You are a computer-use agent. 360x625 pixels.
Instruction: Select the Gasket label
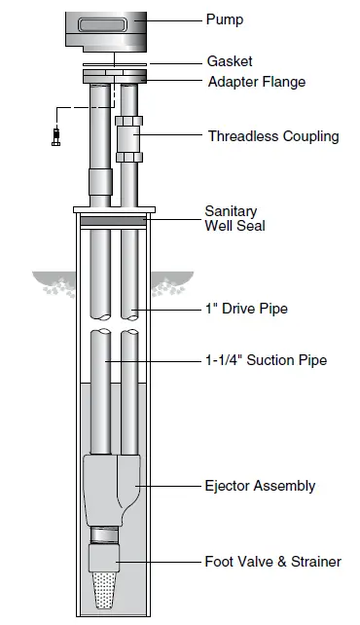click(230, 61)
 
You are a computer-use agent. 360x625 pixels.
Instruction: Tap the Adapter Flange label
click(257, 82)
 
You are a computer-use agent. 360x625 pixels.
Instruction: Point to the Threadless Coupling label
click(273, 136)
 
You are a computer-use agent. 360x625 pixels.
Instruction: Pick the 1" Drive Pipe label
click(245, 310)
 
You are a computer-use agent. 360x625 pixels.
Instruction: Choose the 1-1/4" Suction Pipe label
click(266, 360)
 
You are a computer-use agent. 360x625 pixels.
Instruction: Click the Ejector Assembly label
click(260, 485)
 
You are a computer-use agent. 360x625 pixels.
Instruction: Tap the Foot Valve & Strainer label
click(272, 562)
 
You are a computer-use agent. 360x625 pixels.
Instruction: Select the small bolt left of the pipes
click(54, 136)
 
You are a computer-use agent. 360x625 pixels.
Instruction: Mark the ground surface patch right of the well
click(169, 283)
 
